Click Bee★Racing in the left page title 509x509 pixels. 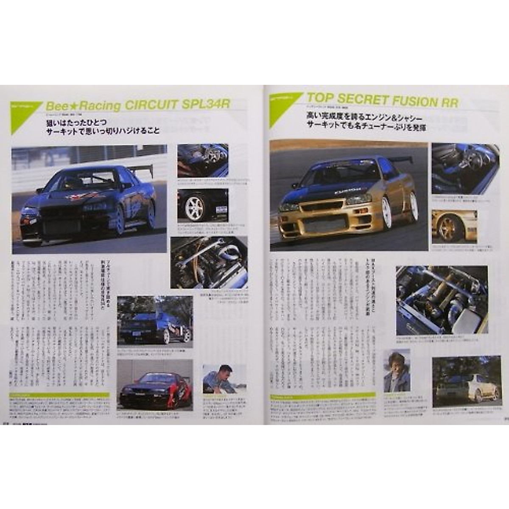coord(83,106)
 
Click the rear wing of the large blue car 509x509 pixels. coord(142,170)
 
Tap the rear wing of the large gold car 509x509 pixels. coord(401,160)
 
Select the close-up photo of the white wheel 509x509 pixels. coord(202,206)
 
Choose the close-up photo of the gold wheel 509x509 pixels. coord(454,227)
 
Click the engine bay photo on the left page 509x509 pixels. coord(209,263)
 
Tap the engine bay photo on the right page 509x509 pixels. coord(442,300)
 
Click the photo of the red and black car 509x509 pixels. coord(154,385)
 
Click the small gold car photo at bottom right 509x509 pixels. coord(466,381)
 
